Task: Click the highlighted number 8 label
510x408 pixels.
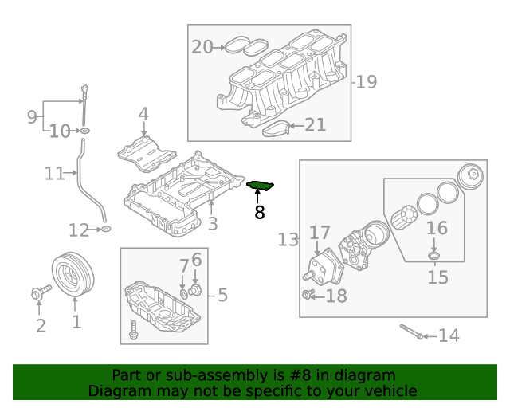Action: pos(259,212)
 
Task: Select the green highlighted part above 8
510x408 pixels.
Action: pos(261,186)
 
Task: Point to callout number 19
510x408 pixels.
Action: pos(366,81)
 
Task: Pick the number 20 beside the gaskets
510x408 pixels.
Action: pos(202,47)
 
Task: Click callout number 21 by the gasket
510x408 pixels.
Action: pos(316,125)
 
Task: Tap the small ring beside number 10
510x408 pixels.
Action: pos(84,130)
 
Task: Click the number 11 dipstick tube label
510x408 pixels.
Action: pos(54,172)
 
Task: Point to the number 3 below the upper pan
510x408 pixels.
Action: pos(213,224)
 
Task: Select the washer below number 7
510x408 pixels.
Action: pos(184,293)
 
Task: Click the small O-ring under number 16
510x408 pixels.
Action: pos(433,256)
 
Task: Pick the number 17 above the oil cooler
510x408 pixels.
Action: pos(320,233)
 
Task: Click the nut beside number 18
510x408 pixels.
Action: pos(308,296)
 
